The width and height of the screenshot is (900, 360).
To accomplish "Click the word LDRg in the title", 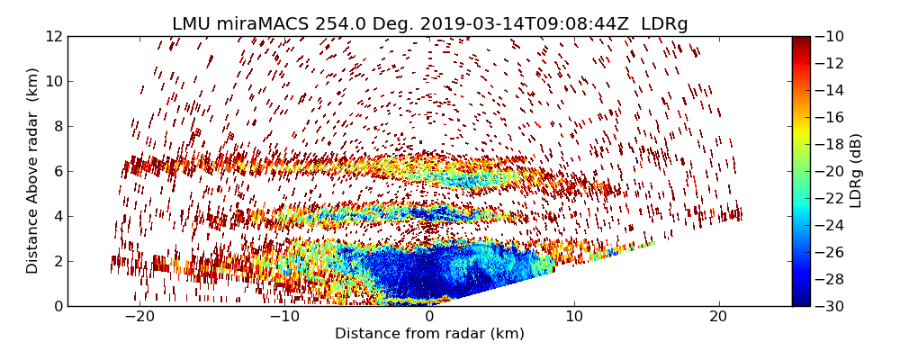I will [664, 24].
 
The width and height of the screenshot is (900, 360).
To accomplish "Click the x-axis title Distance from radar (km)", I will [429, 334].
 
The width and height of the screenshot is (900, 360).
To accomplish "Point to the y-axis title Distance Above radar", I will [33, 171].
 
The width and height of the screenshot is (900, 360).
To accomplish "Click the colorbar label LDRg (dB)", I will [856, 171].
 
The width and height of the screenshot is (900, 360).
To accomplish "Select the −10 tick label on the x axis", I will [283, 317].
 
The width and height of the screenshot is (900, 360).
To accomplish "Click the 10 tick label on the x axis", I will [574, 317].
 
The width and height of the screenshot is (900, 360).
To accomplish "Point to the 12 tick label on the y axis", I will [52, 36].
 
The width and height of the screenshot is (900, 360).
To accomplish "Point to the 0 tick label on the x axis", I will [429, 317].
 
